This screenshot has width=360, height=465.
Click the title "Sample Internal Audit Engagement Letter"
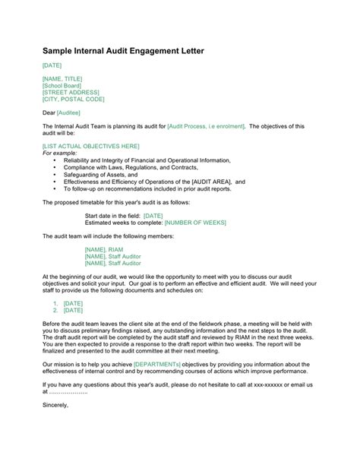coord(123,51)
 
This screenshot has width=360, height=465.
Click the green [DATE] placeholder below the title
coord(52,65)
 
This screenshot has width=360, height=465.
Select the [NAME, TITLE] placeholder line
coord(62,79)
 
